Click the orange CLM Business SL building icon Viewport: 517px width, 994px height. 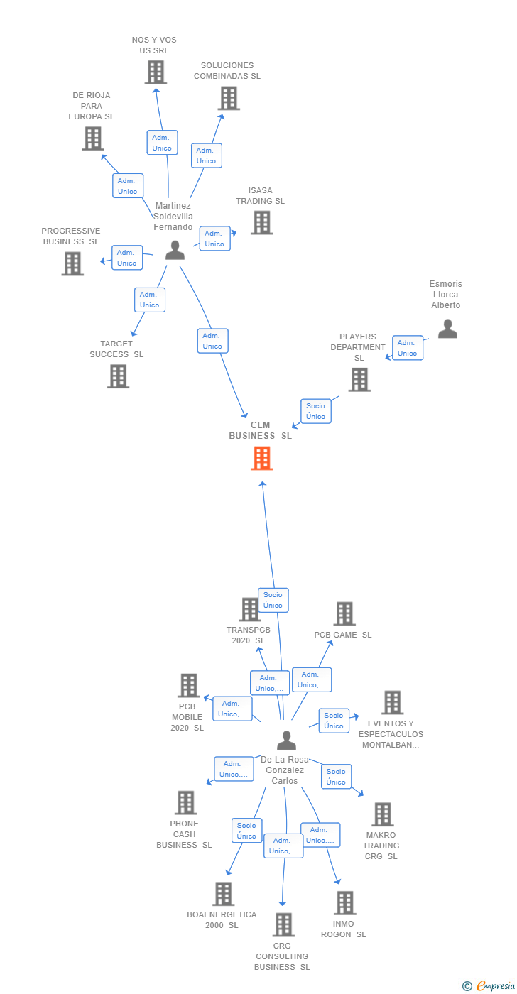262,458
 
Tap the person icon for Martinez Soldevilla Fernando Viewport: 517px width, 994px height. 175,250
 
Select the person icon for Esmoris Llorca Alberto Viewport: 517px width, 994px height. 447,329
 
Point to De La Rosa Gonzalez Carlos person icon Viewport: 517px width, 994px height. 286,741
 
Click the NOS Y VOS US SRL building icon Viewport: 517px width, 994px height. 156,72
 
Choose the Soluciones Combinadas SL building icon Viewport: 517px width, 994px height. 229,99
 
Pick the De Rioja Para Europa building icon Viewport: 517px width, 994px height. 93,138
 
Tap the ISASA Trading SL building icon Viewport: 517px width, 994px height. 262,223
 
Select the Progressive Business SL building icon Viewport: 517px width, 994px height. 72,263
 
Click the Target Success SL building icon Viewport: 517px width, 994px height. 118,376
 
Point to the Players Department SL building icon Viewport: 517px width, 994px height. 359,380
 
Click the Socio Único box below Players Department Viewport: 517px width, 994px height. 316,411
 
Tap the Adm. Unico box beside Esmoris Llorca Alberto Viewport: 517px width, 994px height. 408,348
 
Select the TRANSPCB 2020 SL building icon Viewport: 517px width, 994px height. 250,609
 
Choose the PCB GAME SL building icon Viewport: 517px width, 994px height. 344,614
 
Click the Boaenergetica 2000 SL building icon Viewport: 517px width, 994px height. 223,894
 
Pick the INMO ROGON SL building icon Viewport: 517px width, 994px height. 344,903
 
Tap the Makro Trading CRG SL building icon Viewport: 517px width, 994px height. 382,814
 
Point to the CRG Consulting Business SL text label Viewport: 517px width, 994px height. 283,956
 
